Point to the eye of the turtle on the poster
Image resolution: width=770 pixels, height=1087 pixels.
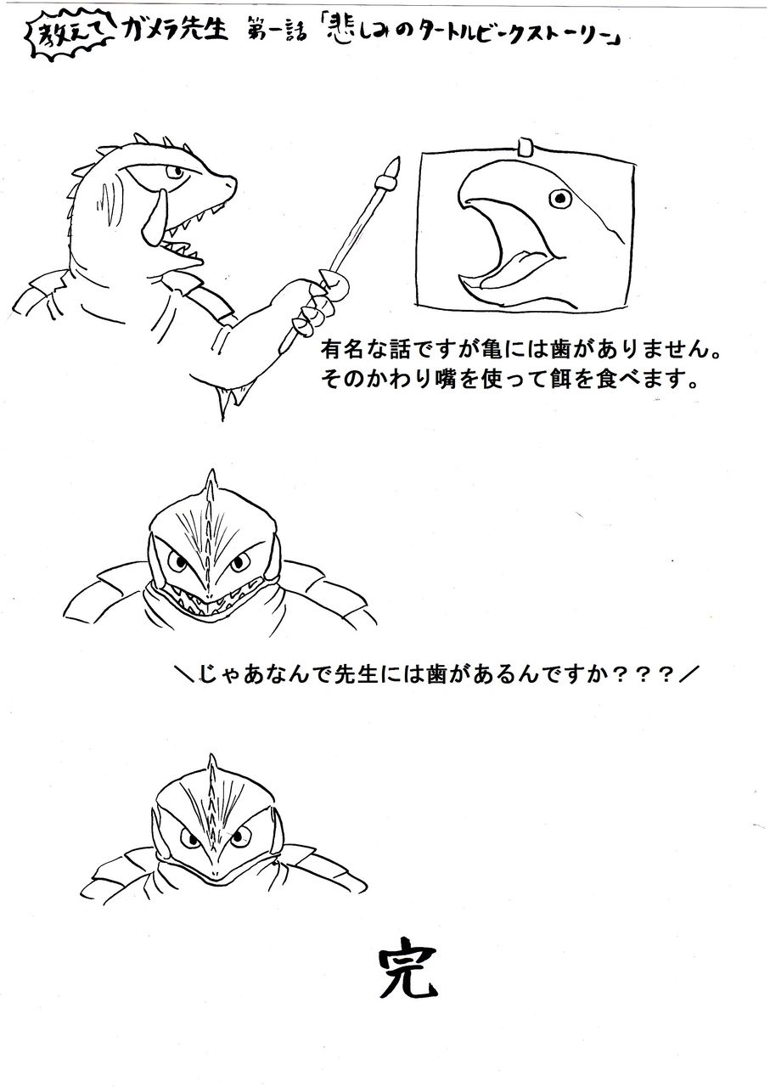[x=559, y=199]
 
